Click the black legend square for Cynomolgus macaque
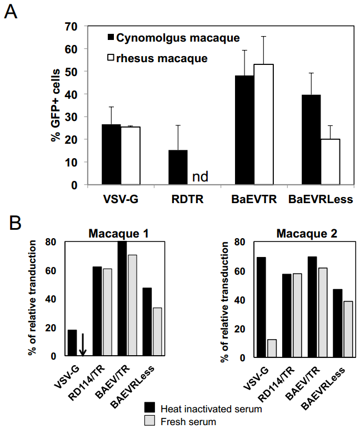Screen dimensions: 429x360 111,38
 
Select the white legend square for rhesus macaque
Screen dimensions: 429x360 111,58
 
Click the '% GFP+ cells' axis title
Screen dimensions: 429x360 56,105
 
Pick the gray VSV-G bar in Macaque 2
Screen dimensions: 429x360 272,348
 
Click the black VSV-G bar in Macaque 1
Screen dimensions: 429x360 72,343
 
